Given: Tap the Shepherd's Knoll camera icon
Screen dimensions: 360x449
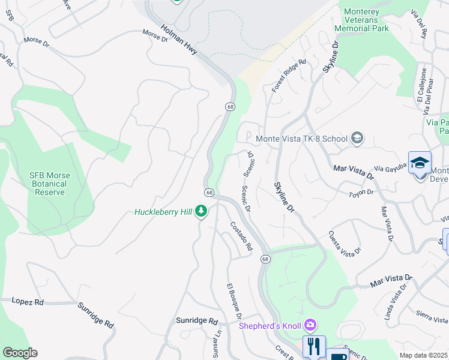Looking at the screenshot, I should (x=310, y=326).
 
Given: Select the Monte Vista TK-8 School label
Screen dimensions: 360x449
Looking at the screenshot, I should (x=301, y=139).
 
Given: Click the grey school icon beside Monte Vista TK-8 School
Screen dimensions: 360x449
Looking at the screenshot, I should (x=357, y=139).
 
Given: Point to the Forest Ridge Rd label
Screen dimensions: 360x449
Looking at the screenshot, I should (x=289, y=75).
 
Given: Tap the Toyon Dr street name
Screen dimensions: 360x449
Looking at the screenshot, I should (x=361, y=193).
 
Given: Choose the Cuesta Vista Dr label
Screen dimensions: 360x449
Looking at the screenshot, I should (x=345, y=242).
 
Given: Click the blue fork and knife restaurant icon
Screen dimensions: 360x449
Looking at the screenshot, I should (x=313, y=346).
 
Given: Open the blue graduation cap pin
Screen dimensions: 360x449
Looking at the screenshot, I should (x=420, y=163).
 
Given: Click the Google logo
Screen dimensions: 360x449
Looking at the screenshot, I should (x=20, y=353).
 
